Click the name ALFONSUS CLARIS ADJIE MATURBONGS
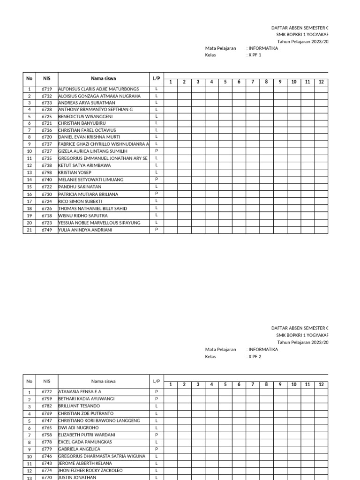point(98,89)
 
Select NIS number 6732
point(46,96)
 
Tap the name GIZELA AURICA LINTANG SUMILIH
point(92,151)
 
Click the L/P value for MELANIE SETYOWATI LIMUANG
point(156,180)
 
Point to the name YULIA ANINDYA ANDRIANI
point(85,230)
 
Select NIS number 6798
point(46,172)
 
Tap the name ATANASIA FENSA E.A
point(79,391)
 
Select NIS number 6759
point(46,399)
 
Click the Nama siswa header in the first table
point(103,79)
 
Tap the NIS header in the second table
point(46,381)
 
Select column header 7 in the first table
point(252,82)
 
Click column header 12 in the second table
point(321,384)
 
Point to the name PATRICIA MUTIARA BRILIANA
point(88,194)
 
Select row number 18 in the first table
point(29,209)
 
